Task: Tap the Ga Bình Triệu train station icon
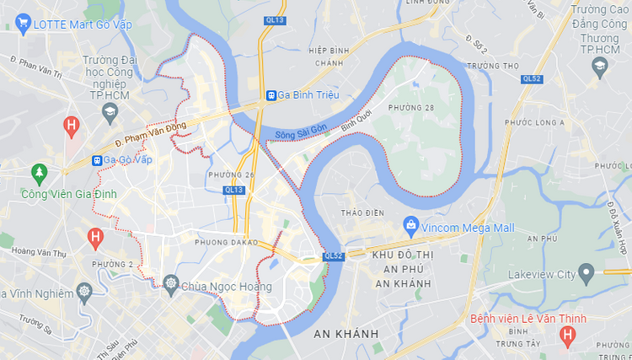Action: point(271,95)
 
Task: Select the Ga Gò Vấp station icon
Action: point(98,159)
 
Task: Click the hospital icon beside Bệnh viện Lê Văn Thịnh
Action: point(568,336)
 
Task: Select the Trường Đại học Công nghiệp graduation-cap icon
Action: point(110,111)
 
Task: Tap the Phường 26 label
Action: point(231,175)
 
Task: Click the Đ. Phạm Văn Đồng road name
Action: point(150,132)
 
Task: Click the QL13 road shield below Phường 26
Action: point(233,190)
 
